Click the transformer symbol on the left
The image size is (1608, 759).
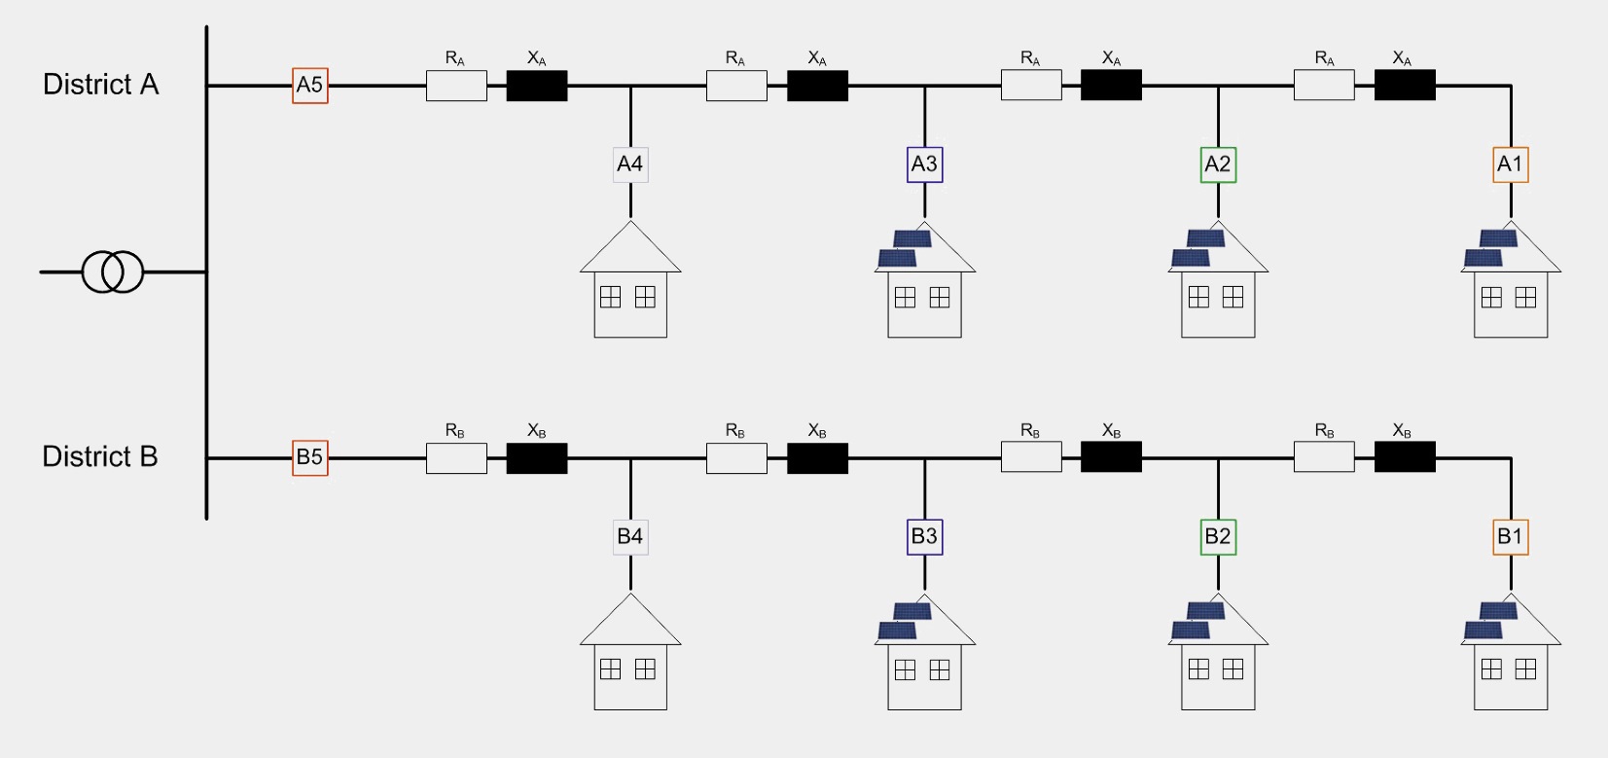pyautogui.click(x=113, y=271)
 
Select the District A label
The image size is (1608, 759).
pyautogui.click(x=100, y=85)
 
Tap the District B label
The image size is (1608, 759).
pyautogui.click(x=99, y=456)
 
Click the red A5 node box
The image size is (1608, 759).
pyautogui.click(x=310, y=86)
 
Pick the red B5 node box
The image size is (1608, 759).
pyautogui.click(x=310, y=457)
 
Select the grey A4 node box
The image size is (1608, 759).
pyautogui.click(x=630, y=164)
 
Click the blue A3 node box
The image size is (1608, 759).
pyautogui.click(x=924, y=164)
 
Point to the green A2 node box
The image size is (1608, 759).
pyautogui.click(x=1218, y=164)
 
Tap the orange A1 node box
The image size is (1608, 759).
pyautogui.click(x=1511, y=164)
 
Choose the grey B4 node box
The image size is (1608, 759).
pyautogui.click(x=630, y=536)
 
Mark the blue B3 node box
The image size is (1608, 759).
pyautogui.click(x=924, y=536)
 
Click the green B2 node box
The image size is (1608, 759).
pyautogui.click(x=1218, y=536)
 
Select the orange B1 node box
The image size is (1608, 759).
pyautogui.click(x=1511, y=536)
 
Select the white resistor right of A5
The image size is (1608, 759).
pyautogui.click(x=456, y=86)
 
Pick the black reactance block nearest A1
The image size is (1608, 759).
pyautogui.click(x=1405, y=86)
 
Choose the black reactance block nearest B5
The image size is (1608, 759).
pyautogui.click(x=537, y=458)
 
